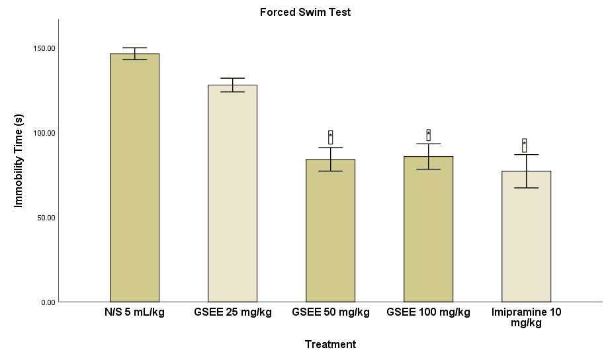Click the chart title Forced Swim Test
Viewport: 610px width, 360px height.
point(305,12)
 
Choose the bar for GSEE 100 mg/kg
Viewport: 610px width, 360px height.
point(428,229)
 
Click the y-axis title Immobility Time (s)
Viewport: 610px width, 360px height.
point(19,160)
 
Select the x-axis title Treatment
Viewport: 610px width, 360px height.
point(330,344)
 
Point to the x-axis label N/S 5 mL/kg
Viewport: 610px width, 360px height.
point(134,312)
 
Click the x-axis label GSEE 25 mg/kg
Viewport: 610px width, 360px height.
point(232,312)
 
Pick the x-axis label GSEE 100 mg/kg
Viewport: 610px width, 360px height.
point(428,312)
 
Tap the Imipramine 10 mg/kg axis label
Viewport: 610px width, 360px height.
point(526,317)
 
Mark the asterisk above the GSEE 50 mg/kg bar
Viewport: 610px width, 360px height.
point(330,137)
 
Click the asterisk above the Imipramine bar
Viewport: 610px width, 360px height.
point(524,145)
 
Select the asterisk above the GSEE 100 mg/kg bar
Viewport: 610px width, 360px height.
point(428,135)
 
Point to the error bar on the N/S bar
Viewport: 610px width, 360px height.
point(134,54)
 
